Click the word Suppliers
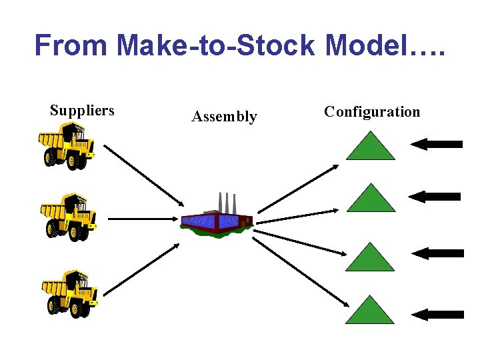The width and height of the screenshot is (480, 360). coord(82,111)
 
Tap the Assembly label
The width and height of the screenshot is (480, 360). coord(224,117)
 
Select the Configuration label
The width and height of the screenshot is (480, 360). coord(372,111)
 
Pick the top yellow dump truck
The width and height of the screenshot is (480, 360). coord(67,151)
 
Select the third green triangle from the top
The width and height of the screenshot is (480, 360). coord(371,259)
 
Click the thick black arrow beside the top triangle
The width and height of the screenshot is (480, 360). coord(437,143)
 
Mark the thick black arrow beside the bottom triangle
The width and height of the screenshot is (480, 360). coord(437,315)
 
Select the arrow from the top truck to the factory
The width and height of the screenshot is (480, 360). coord(143,175)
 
